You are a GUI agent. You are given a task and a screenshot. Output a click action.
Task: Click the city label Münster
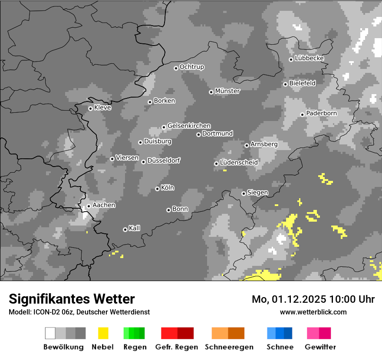coord(227,91)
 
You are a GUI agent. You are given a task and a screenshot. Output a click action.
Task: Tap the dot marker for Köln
coord(158,189)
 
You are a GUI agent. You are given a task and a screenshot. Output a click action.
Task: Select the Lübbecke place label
coord(309,58)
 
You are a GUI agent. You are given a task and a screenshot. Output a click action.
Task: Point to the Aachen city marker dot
coord(89,206)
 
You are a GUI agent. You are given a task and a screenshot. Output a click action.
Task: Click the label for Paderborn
coord(321,113)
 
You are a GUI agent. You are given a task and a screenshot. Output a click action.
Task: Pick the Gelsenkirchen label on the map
coord(189,126)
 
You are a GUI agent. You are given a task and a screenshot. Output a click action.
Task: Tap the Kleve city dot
coord(90,108)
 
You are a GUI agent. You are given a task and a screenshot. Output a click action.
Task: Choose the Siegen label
coord(257,193)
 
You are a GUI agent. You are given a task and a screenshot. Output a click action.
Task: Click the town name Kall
coord(135,228)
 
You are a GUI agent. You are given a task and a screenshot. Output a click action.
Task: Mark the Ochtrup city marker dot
coord(176,68)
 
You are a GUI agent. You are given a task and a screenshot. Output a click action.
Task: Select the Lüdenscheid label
coord(239,163)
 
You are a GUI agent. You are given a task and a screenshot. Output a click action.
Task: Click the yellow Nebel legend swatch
coord(103,333)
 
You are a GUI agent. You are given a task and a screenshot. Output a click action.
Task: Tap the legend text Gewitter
coord(320,347)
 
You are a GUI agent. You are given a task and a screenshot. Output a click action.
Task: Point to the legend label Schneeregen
coord(229,347)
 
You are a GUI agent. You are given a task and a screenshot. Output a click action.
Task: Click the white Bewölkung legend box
coord(50,333)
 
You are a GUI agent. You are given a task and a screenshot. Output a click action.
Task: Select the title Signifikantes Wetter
coord(72,299)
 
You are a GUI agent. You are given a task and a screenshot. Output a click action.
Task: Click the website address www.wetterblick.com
coord(313,312)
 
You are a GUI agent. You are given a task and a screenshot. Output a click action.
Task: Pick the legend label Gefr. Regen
coord(177,347)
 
